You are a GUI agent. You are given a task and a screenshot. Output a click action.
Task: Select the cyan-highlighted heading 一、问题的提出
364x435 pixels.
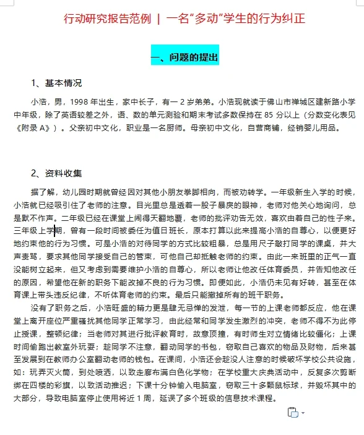tap(184, 58)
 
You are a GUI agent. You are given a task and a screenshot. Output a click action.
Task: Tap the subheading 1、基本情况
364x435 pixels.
tap(56, 83)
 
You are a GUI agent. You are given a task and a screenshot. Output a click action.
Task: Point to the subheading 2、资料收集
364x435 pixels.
tap(56, 173)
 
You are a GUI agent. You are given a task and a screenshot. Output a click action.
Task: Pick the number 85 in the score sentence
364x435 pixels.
tap(281, 114)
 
